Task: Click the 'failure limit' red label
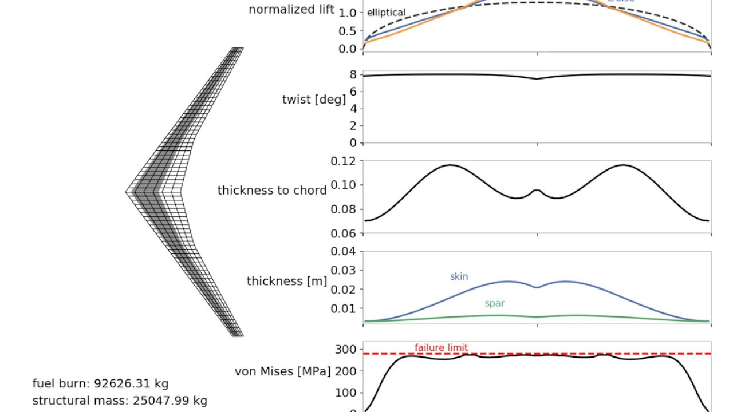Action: pos(441,347)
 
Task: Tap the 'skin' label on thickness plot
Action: pos(459,276)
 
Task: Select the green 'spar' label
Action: pos(495,303)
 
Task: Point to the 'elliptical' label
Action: pos(386,13)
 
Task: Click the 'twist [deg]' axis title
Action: pos(314,100)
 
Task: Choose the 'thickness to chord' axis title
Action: pos(272,191)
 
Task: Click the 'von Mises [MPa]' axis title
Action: pos(283,371)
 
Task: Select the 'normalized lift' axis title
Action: pos(291,10)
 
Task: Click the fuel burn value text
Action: pos(100,383)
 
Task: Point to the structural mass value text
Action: pos(120,401)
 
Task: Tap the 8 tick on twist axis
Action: pos(353,74)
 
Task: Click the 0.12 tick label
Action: pos(344,161)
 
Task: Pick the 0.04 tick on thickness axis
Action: pos(344,251)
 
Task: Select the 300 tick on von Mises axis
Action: pos(345,349)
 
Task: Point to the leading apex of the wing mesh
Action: pos(127,192)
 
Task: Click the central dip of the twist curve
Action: pos(537,79)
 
